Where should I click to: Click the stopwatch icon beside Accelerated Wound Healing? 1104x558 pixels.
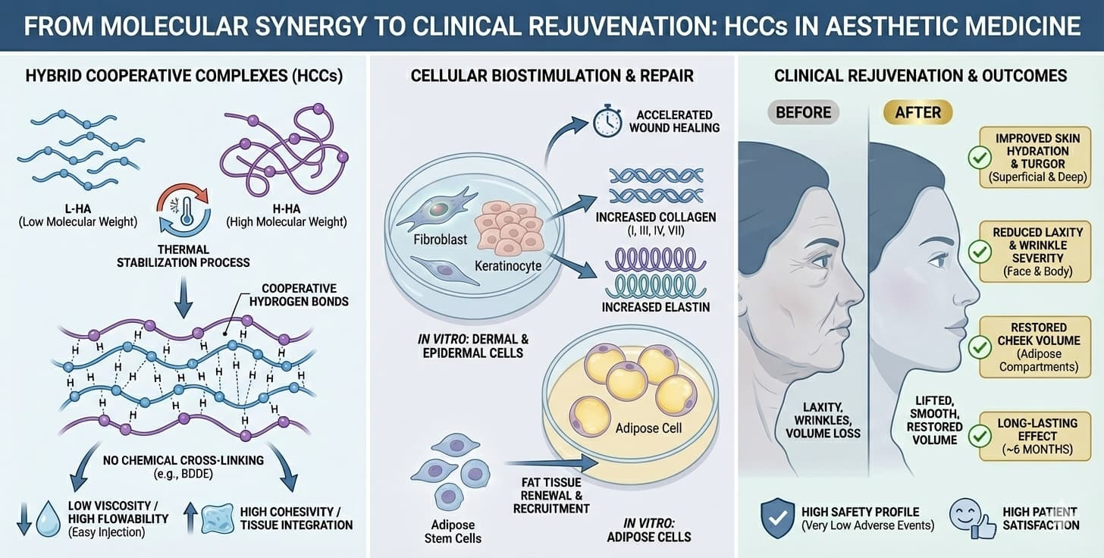point(607,122)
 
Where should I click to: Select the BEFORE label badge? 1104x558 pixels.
point(803,113)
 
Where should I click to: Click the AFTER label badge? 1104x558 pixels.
point(918,113)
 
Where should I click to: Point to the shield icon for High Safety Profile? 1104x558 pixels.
point(776,519)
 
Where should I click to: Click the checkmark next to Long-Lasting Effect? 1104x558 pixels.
point(980,435)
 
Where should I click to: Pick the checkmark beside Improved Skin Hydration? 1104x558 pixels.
point(980,158)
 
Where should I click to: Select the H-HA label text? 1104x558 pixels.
point(285,208)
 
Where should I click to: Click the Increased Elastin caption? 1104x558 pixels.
point(655,307)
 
